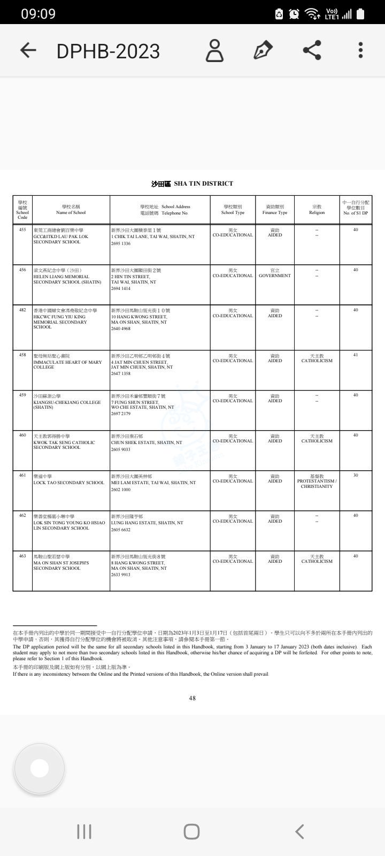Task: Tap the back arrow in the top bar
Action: (28, 50)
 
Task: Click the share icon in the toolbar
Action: (312, 50)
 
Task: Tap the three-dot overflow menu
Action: (361, 50)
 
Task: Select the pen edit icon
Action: (263, 50)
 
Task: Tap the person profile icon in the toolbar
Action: (215, 50)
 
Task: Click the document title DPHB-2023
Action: (108, 51)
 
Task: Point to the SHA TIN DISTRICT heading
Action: (192, 184)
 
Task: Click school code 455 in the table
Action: (22, 230)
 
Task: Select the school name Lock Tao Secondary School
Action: (68, 483)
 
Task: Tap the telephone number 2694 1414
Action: (121, 288)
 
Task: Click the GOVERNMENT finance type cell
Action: (275, 276)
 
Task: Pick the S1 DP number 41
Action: (356, 355)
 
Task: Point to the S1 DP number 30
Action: (356, 476)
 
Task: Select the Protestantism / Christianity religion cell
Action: (317, 481)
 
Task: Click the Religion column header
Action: (317, 210)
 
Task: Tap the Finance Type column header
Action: (275, 210)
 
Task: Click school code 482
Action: (22, 310)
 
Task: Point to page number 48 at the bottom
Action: (192, 698)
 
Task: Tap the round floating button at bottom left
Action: (40, 768)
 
